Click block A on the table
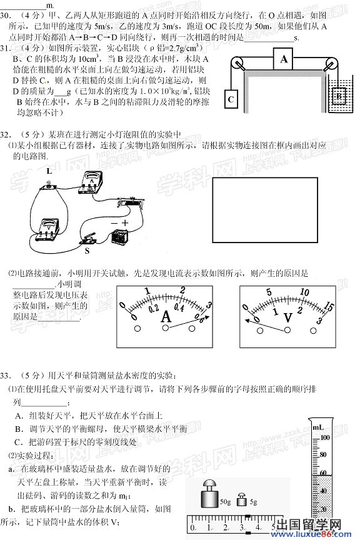tap(284, 60)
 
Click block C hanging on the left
tap(231, 99)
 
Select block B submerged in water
tap(338, 96)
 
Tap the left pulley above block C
tap(237, 64)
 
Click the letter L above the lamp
tap(48, 170)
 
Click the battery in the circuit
tap(119, 237)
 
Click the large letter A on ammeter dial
tap(167, 317)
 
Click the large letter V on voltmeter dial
tap(288, 317)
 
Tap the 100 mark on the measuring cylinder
tap(325, 437)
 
